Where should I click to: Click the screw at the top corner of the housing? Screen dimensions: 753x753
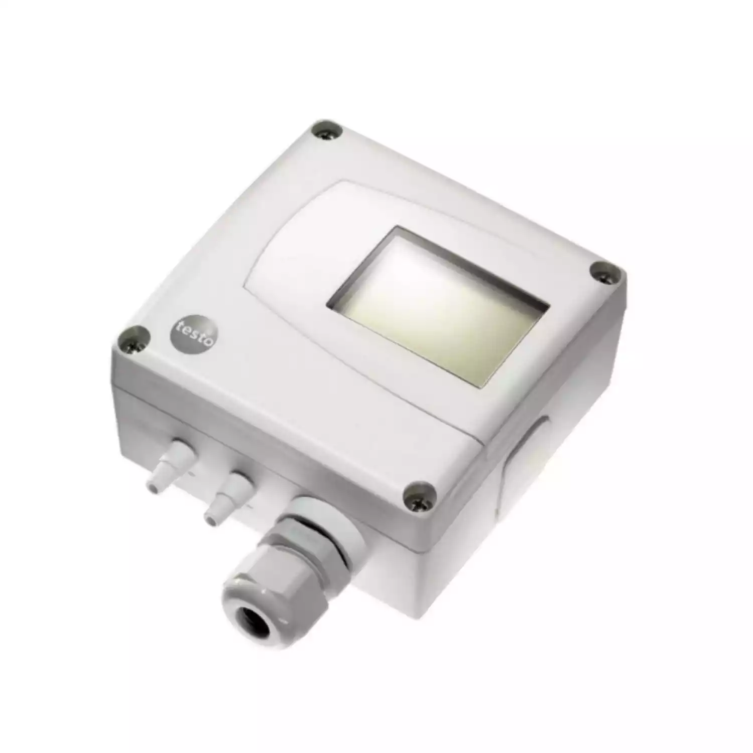[326, 132]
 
